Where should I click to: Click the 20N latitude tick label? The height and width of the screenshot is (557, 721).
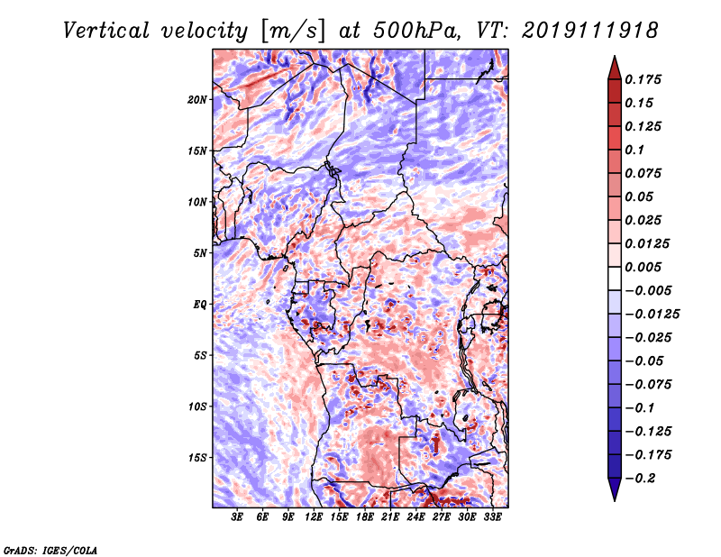click(196, 100)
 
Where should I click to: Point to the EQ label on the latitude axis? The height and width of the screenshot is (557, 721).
click(199, 305)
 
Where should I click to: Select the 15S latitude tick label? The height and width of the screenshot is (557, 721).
click(196, 458)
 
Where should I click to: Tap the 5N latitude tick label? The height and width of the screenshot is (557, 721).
click(199, 253)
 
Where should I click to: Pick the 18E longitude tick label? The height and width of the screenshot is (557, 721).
click(365, 517)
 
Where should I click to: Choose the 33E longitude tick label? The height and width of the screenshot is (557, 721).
click(492, 517)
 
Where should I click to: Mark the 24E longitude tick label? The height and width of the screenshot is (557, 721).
click(415, 517)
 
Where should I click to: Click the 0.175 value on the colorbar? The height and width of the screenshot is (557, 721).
click(643, 79)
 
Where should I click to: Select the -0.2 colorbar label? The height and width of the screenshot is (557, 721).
click(640, 479)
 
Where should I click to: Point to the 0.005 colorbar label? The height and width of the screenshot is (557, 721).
click(643, 267)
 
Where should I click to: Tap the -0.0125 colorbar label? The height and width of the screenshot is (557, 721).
click(652, 315)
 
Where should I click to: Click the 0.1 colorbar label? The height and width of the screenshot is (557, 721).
click(634, 150)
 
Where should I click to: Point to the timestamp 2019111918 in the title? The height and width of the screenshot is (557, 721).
click(590, 31)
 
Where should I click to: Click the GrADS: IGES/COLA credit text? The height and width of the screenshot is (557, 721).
click(50, 550)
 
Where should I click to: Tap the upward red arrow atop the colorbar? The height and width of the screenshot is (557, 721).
click(615, 68)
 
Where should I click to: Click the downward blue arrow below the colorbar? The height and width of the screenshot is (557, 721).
click(615, 489)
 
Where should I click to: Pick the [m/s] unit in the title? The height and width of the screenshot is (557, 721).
click(293, 31)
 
